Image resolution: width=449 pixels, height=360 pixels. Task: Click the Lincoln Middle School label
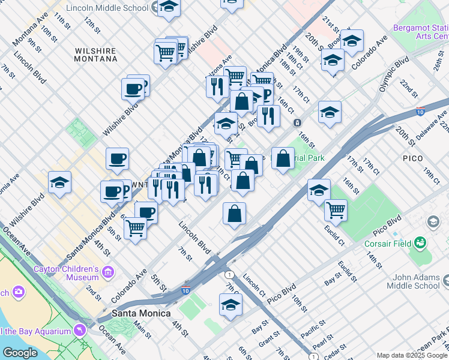click(107, 8)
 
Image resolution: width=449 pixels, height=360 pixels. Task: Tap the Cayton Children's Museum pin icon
click(109, 273)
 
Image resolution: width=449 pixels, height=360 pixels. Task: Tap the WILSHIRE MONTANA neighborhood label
click(96, 55)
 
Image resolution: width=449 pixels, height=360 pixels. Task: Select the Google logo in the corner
click(19, 353)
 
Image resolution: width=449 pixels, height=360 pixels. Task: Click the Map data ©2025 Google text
click(412, 355)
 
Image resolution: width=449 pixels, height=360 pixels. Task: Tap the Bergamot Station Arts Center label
click(420, 32)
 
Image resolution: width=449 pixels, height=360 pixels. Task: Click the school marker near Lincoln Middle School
click(169, 7)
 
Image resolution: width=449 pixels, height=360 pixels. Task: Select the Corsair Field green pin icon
click(420, 243)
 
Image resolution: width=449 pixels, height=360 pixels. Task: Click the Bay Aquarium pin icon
click(79, 331)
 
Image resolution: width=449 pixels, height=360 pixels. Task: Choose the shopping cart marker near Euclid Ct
click(336, 210)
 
